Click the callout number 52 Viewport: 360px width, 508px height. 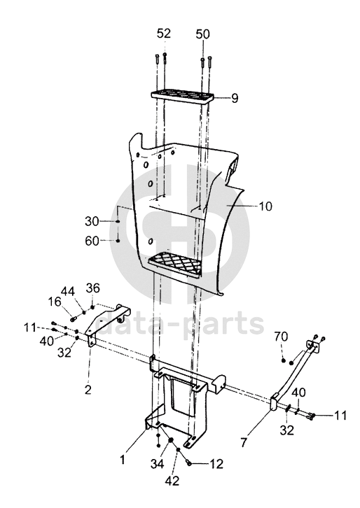(x=164, y=34)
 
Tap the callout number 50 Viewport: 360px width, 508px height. (x=202, y=34)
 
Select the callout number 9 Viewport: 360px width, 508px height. (x=235, y=98)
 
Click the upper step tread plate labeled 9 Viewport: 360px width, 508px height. (x=183, y=97)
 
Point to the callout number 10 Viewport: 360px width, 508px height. (x=265, y=206)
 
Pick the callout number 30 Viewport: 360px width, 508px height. (x=92, y=222)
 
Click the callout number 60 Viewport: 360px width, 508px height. (x=92, y=241)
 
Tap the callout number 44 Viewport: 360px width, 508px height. (x=68, y=292)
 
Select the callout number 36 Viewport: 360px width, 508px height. (x=92, y=288)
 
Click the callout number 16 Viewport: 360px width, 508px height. (x=55, y=302)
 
